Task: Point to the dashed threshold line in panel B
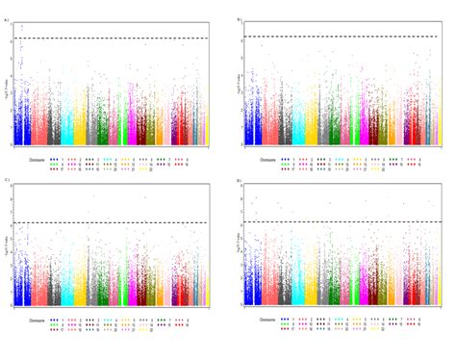(346, 37)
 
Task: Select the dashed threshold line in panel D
(346, 222)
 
